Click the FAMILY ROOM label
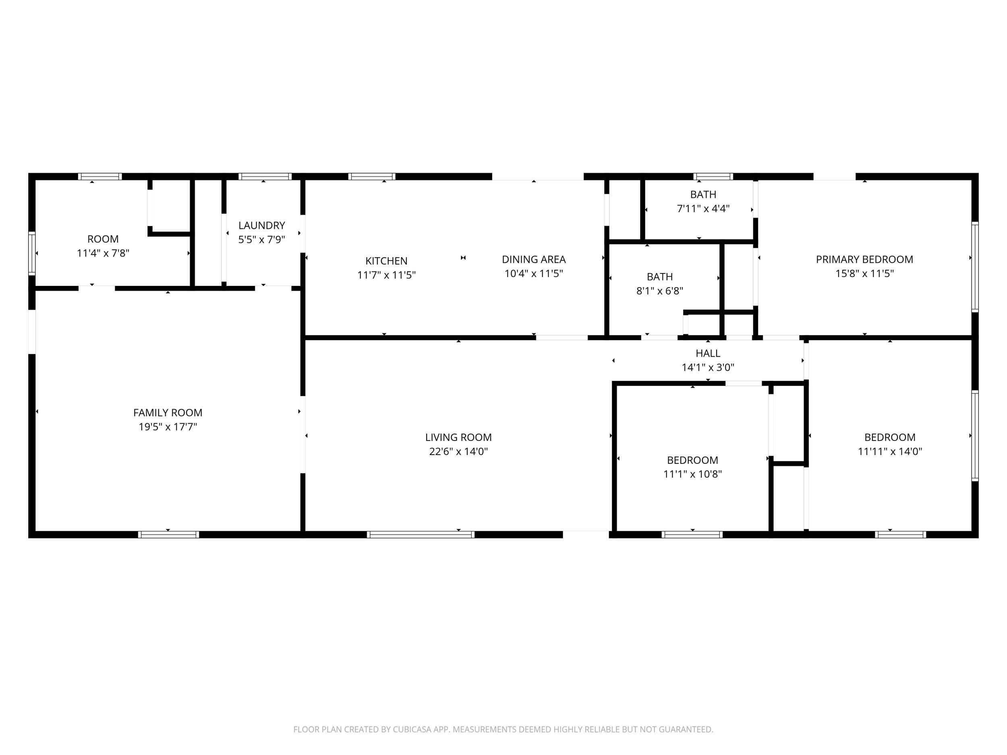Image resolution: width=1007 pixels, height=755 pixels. click(168, 413)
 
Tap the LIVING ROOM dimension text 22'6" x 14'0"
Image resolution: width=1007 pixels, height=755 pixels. click(458, 451)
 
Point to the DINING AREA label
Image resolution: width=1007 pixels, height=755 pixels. click(534, 259)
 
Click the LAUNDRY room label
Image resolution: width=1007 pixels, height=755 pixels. click(262, 225)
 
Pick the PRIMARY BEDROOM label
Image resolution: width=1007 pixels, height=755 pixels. click(864, 259)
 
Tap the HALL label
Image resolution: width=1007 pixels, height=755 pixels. click(708, 353)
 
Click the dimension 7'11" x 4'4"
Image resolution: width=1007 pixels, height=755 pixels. click(703, 209)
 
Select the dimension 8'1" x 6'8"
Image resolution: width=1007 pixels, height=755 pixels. click(660, 291)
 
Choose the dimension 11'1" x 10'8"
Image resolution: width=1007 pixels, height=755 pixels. click(692, 474)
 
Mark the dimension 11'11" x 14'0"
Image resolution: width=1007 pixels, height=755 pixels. click(890, 451)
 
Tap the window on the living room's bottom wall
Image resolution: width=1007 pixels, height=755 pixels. click(421, 535)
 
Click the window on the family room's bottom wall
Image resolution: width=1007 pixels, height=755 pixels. click(168, 535)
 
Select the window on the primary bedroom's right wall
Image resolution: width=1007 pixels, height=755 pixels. click(975, 267)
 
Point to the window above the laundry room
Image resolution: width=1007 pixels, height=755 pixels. click(265, 177)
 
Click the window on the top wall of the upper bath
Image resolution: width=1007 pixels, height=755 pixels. click(713, 177)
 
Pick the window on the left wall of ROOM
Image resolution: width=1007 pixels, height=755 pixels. click(32, 254)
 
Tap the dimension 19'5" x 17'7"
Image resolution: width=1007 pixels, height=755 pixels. click(168, 427)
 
